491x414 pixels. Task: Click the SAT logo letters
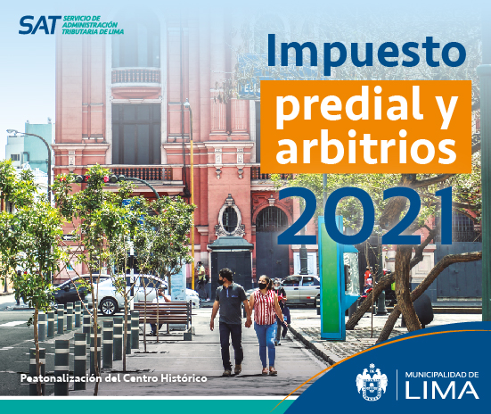40,25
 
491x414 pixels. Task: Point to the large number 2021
365,216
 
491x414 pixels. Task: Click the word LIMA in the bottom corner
442,390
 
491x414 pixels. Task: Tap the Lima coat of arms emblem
372,382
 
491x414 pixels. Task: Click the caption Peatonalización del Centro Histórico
114,378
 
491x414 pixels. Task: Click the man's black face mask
222,282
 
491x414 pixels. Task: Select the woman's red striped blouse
266,307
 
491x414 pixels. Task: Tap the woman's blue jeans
266,344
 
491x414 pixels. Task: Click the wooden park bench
163,316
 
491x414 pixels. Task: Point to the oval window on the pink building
230,219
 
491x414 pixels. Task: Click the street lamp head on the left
12,132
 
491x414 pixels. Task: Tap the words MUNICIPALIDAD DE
442,374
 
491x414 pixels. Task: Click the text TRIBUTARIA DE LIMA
93,32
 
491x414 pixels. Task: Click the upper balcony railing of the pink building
136,76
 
